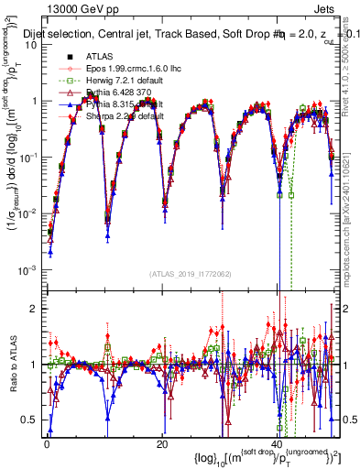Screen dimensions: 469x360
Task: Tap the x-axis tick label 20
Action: (161, 444)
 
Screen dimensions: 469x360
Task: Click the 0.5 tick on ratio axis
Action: (30, 420)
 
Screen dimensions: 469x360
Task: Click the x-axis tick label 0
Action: (46, 444)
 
